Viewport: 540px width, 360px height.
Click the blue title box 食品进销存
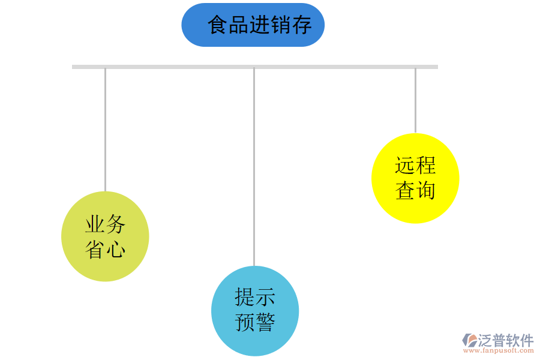[253, 25]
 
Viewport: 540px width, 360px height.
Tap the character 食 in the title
[218, 25]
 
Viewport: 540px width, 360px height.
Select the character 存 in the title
[302, 25]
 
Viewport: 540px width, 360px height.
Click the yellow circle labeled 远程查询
[415, 178]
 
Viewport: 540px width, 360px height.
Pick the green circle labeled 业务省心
[105, 236]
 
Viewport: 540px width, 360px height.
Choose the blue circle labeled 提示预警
[254, 311]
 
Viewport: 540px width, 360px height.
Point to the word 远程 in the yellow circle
[415, 165]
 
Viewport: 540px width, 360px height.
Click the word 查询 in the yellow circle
[415, 191]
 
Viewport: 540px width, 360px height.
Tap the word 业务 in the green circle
[105, 224]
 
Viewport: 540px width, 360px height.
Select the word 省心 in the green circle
[105, 249]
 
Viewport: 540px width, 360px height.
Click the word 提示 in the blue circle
[254, 297]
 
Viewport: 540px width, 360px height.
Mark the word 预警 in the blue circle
[254, 323]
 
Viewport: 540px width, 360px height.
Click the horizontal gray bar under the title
[254, 67]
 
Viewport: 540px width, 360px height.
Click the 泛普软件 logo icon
[469, 341]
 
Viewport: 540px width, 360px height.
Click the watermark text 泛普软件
[505, 340]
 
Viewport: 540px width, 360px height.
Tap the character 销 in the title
[281, 25]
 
